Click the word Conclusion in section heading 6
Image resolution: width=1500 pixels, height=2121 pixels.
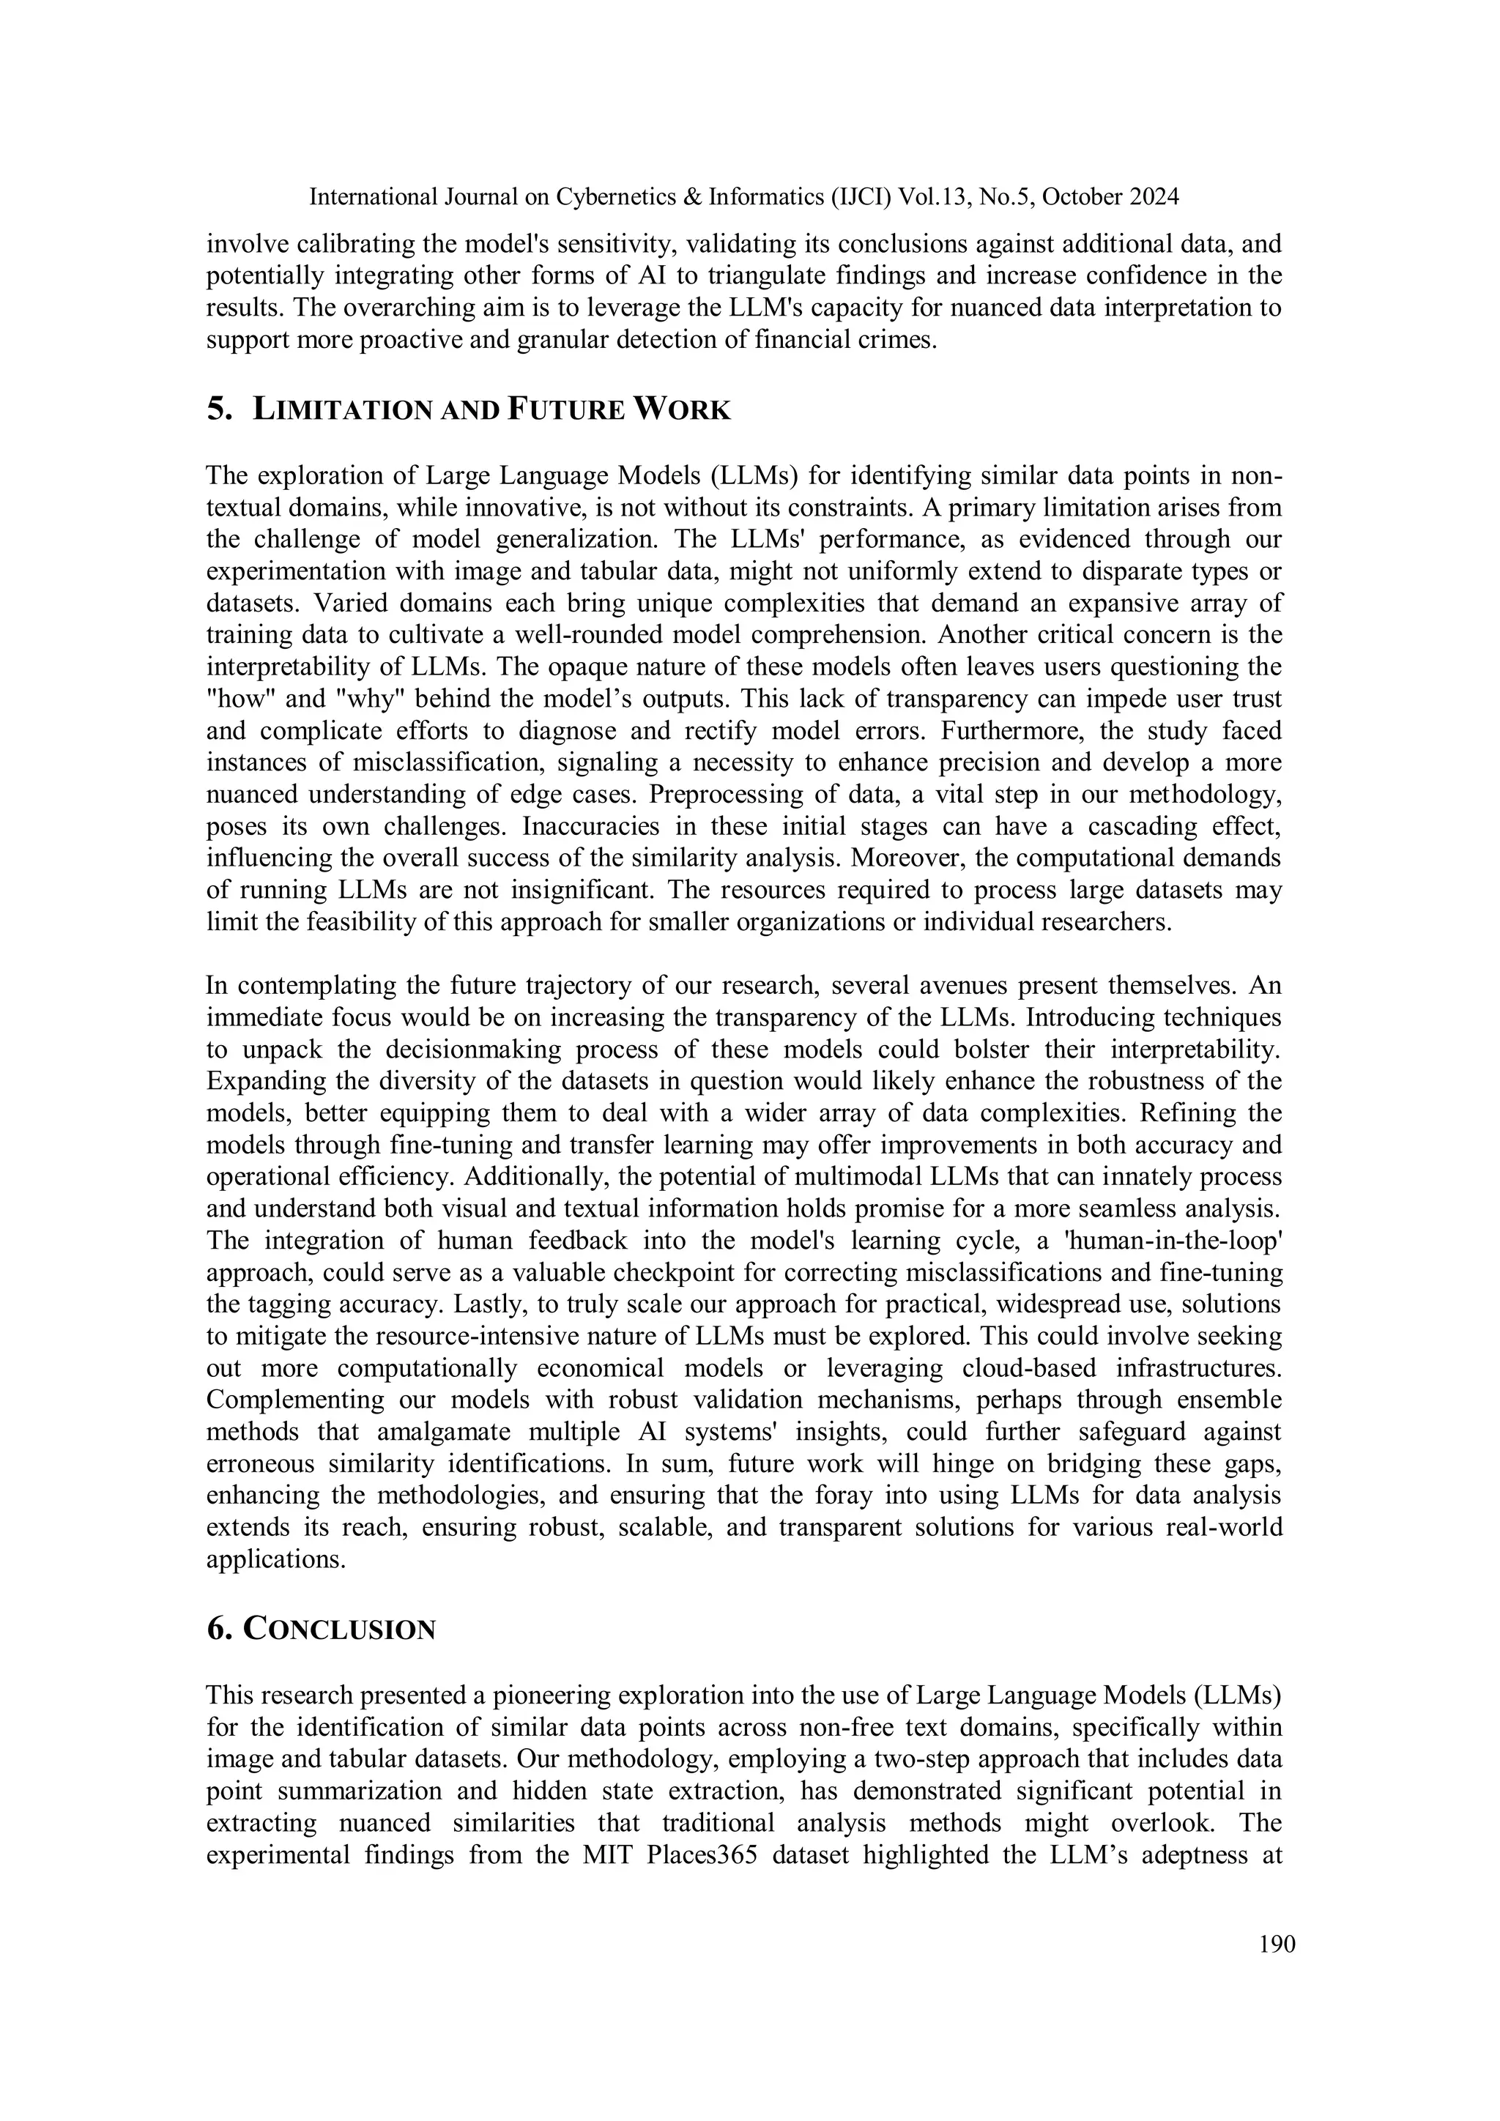point(339,1630)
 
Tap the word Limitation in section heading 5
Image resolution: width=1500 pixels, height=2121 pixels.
point(342,409)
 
